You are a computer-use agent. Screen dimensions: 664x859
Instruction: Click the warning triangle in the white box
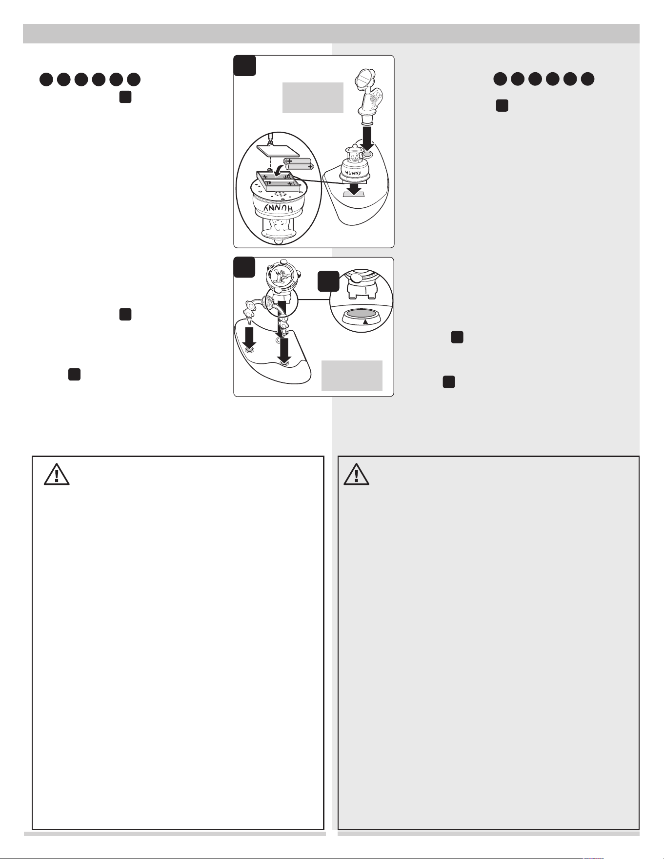click(x=57, y=474)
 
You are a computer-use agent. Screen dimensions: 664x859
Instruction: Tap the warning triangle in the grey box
click(x=356, y=474)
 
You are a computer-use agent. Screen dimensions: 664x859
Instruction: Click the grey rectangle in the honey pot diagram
click(x=313, y=98)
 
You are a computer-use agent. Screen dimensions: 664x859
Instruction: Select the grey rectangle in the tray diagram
click(x=352, y=376)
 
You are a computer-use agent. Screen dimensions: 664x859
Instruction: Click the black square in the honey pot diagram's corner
click(x=244, y=65)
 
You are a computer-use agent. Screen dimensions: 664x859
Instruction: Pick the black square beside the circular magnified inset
click(x=328, y=281)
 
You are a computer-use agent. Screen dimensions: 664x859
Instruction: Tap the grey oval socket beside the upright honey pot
click(x=368, y=155)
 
